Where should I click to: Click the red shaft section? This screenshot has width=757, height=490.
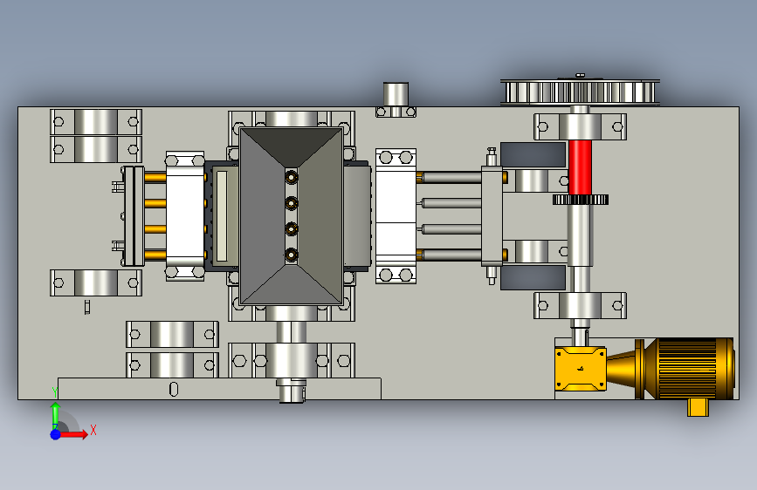click(580, 167)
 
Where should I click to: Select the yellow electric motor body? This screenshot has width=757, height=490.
click(690, 369)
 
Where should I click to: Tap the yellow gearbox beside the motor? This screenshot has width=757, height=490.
click(581, 369)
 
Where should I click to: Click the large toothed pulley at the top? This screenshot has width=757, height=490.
click(580, 92)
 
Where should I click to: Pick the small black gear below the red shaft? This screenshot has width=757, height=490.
click(581, 199)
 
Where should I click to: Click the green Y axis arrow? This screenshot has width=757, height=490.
click(56, 412)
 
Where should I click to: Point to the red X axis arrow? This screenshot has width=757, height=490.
click(73, 434)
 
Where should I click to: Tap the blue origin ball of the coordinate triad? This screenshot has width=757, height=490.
click(55, 434)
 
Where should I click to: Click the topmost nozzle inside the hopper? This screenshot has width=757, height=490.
click(291, 178)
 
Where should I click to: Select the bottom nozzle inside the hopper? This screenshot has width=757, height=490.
click(291, 255)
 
